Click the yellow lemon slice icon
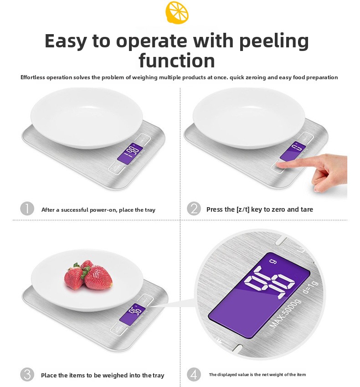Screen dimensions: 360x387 (x=177, y=12)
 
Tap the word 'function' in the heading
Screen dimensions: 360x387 (x=177, y=60)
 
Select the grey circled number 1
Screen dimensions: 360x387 (x=27, y=209)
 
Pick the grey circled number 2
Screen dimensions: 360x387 (x=194, y=209)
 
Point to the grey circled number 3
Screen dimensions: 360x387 (x=27, y=374)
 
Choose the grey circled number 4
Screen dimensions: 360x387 (x=194, y=374)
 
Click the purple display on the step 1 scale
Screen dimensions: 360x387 (x=130, y=154)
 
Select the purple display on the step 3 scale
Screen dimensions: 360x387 (x=133, y=313)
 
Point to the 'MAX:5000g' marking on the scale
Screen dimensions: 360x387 (x=286, y=313)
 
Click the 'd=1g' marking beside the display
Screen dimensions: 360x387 (x=311, y=287)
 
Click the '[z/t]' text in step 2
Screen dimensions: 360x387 (x=243, y=209)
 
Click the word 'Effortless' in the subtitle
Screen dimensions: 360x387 (x=33, y=77)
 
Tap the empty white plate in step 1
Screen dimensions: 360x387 (x=87, y=118)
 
